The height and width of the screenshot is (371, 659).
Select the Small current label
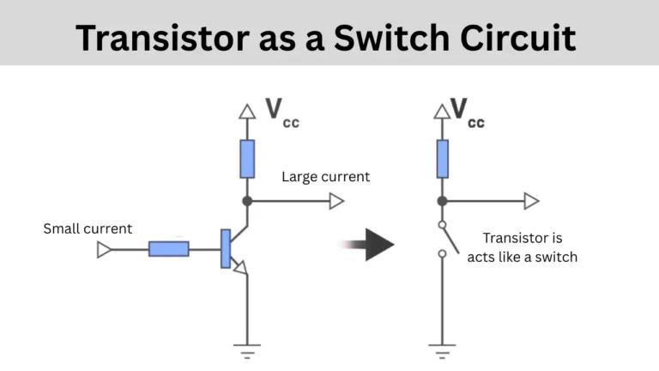(88, 228)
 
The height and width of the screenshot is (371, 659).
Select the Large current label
(326, 177)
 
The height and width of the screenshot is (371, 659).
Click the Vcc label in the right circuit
(467, 113)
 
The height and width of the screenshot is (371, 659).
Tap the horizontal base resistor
(168, 250)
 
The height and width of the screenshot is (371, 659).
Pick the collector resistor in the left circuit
(247, 158)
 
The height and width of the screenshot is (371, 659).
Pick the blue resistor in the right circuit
(442, 158)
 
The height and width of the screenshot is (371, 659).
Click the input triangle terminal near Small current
(105, 250)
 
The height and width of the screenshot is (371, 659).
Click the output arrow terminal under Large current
(336, 201)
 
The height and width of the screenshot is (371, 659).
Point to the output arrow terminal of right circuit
(531, 201)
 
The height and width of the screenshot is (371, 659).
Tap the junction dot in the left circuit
(247, 201)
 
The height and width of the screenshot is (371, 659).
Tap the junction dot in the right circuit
(442, 201)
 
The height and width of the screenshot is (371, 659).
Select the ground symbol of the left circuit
(247, 350)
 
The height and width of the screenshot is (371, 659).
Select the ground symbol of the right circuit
(442, 350)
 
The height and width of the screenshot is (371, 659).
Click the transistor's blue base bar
(225, 249)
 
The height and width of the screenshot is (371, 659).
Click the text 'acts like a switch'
(522, 257)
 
